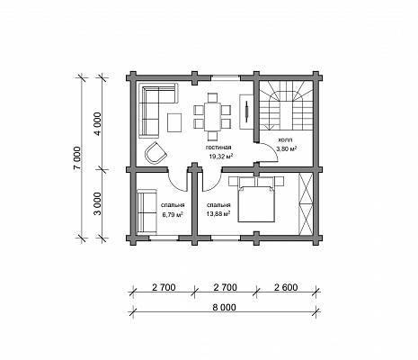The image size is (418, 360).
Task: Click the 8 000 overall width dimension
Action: (x=225, y=308)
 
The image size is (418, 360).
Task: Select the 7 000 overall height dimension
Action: (x=77, y=158)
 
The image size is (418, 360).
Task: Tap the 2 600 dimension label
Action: (x=286, y=287)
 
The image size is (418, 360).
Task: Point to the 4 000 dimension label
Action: (x=98, y=124)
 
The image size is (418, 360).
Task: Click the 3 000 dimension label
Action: (x=98, y=204)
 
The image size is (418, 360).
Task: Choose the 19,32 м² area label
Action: (x=221, y=157)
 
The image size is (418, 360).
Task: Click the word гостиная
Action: (x=218, y=148)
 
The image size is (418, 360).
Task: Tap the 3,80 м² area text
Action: (x=287, y=148)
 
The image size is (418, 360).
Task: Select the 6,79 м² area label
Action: (x=173, y=214)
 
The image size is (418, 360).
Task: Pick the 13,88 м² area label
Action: (x=218, y=213)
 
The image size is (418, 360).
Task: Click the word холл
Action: (x=286, y=139)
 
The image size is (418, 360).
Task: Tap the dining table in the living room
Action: (x=212, y=117)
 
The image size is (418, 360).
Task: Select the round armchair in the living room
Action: (x=156, y=153)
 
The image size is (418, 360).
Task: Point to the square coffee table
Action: (x=174, y=122)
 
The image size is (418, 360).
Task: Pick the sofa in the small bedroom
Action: (x=147, y=211)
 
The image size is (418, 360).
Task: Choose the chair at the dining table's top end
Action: (x=212, y=98)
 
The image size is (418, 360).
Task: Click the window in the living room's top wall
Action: (x=226, y=77)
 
